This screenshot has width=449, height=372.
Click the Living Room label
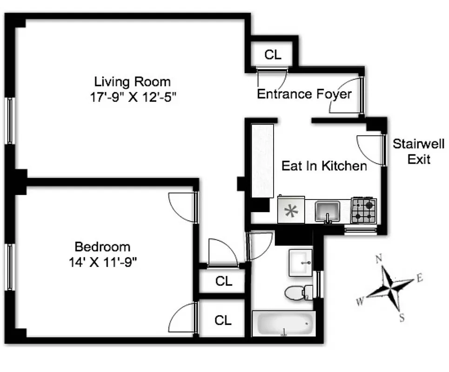tap(132, 82)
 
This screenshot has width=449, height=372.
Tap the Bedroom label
tap(102, 246)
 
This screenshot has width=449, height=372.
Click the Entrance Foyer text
tap(304, 94)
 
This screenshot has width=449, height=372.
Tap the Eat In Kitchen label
tap(324, 166)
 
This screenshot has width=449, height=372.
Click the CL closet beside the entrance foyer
tap(273, 54)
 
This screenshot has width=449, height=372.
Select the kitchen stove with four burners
tap(363, 210)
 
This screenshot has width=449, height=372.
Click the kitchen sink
tap(328, 211)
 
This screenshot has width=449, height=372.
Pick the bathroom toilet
tap(296, 293)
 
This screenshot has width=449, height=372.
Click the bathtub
tap(284, 323)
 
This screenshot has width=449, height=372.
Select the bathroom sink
tap(301, 263)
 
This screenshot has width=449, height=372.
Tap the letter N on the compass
tap(380, 259)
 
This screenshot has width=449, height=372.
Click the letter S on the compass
tap(402, 318)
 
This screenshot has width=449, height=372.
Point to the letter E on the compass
tap(419, 278)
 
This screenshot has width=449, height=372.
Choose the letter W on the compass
tap(360, 302)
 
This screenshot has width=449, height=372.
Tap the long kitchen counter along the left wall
tap(262, 160)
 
